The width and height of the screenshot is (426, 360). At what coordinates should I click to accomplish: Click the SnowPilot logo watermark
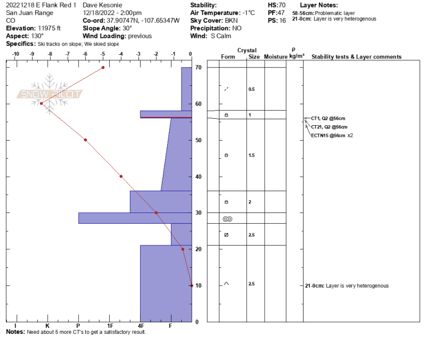[49, 94]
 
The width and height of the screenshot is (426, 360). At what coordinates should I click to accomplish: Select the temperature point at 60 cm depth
[42, 103]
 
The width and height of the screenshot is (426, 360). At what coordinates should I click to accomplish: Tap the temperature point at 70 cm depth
[103, 68]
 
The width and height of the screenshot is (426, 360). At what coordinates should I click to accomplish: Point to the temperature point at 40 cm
[121, 176]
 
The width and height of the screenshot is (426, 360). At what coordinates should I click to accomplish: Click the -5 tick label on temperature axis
[102, 54]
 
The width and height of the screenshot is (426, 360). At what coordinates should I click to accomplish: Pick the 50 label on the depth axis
[198, 140]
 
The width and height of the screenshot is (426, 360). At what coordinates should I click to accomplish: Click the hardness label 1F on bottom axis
[110, 326]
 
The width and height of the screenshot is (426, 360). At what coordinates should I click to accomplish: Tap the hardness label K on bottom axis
[47, 326]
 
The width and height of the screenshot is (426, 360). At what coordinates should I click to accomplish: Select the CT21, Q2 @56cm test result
[329, 127]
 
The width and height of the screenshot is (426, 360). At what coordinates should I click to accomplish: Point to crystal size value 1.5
[251, 155]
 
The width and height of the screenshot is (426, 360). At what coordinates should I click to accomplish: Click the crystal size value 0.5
[251, 89]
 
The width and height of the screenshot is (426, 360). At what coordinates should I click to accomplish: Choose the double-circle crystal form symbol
[227, 219]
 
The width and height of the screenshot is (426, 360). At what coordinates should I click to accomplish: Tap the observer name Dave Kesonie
[102, 5]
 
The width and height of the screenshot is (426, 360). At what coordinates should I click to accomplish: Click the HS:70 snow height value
[276, 5]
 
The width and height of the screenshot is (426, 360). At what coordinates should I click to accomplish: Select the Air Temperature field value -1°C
[249, 13]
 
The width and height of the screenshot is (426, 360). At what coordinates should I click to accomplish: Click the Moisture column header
[275, 56]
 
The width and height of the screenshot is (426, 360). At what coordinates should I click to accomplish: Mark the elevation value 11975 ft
[49, 28]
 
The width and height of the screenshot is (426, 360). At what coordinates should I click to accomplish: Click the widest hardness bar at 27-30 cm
[135, 218]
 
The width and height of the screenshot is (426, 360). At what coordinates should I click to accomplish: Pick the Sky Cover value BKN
[231, 20]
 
